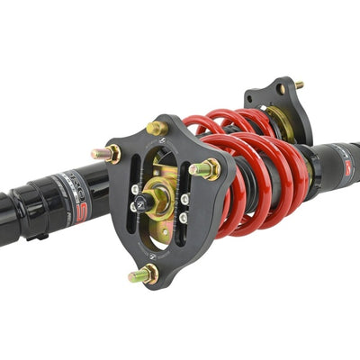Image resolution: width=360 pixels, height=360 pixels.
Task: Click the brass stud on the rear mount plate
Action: tap(298, 85)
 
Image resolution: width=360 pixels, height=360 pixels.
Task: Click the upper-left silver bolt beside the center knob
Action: tap(135, 189)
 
